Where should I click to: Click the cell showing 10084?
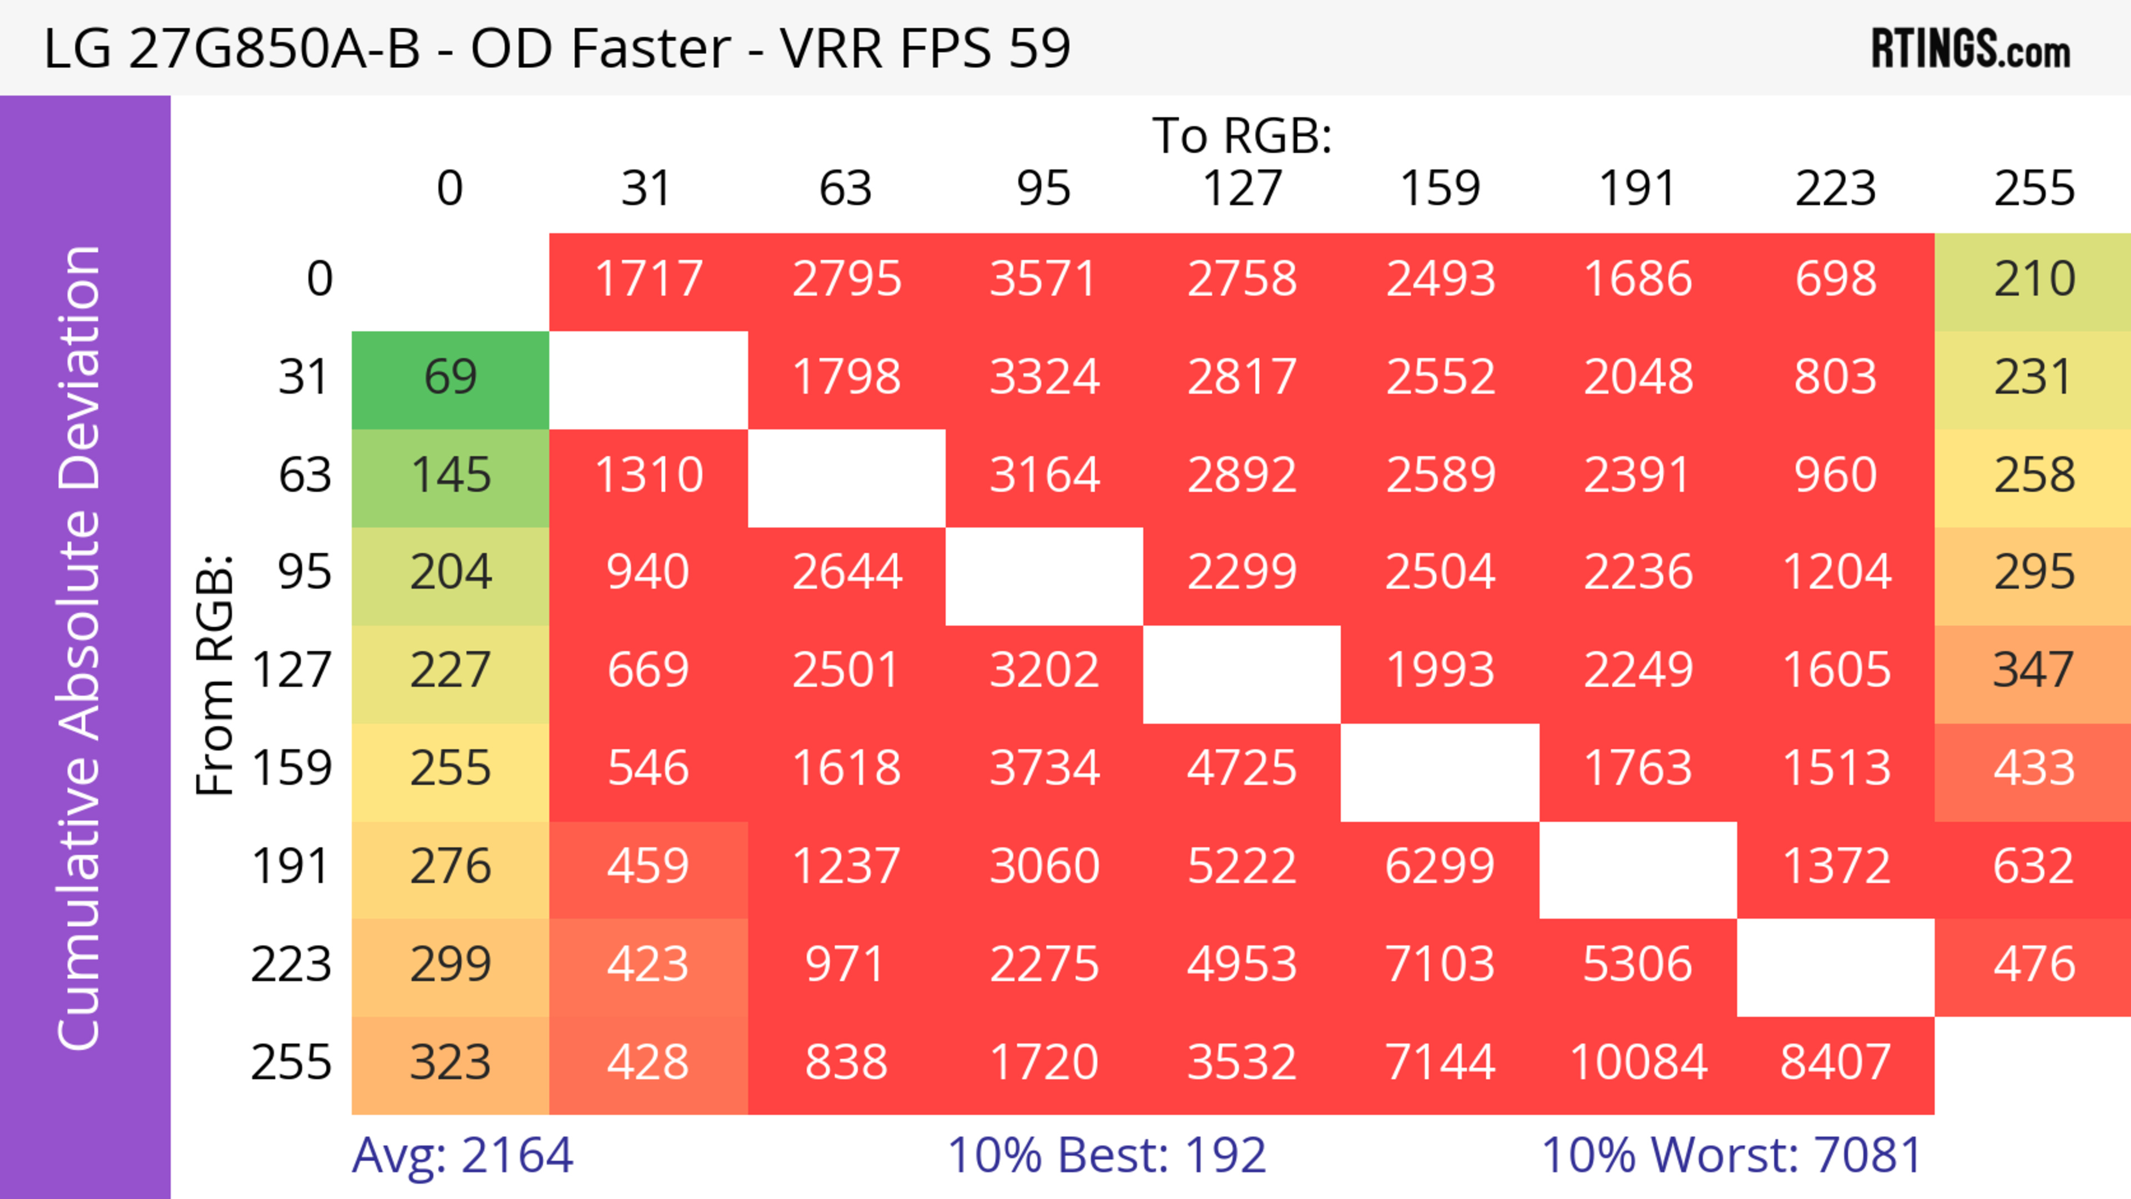pyautogui.click(x=1638, y=1063)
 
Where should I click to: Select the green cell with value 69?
pyautogui.click(x=450, y=377)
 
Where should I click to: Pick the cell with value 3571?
pyautogui.click(x=1043, y=279)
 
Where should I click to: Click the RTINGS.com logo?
pyautogui.click(x=1971, y=48)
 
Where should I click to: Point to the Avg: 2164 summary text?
pyautogui.click(x=462, y=1155)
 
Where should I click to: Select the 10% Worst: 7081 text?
pyautogui.click(x=1731, y=1155)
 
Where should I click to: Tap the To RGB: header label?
pyautogui.click(x=1242, y=135)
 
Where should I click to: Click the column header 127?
pyautogui.click(x=1242, y=189)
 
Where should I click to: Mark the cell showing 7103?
pyautogui.click(x=1440, y=964)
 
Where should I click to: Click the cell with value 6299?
pyautogui.click(x=1440, y=867)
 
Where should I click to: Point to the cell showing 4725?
pyautogui.click(x=1242, y=768)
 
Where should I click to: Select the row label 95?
pyautogui.click(x=305, y=572)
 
